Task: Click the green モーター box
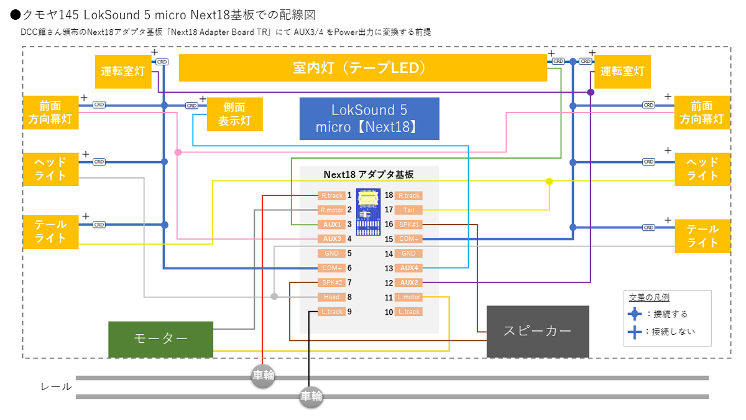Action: tap(160, 339)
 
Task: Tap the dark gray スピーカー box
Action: tap(537, 331)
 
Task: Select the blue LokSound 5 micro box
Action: tap(369, 118)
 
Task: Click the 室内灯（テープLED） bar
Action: tap(362, 68)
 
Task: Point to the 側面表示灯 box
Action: tap(234, 114)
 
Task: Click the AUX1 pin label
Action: tap(332, 225)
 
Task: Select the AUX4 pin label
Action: tap(408, 268)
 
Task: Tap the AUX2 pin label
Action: tap(408, 282)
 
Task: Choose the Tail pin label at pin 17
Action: tap(408, 210)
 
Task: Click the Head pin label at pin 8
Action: tap(332, 297)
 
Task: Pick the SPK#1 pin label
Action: tap(408, 225)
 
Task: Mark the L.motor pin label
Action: tap(408, 297)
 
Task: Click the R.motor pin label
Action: tap(332, 210)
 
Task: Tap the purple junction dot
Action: tap(591, 92)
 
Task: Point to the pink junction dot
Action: tap(178, 152)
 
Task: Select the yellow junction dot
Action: tap(549, 182)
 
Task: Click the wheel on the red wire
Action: tap(263, 376)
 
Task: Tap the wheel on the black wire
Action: tap(311, 396)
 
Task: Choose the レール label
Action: tap(56, 387)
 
